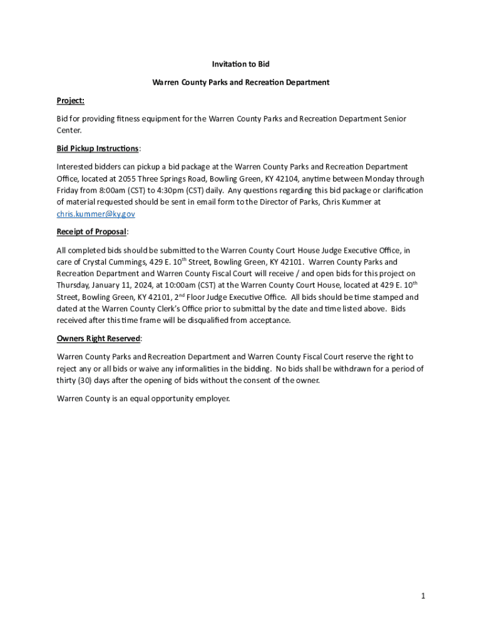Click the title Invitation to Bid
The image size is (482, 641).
241,64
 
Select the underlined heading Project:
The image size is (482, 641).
70,100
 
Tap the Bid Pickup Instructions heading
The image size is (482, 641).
98,148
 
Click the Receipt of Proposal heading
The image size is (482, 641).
91,232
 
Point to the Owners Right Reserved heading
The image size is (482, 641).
98,339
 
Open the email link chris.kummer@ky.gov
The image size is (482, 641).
96,214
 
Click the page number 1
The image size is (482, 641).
423,596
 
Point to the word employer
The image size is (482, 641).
212,398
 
